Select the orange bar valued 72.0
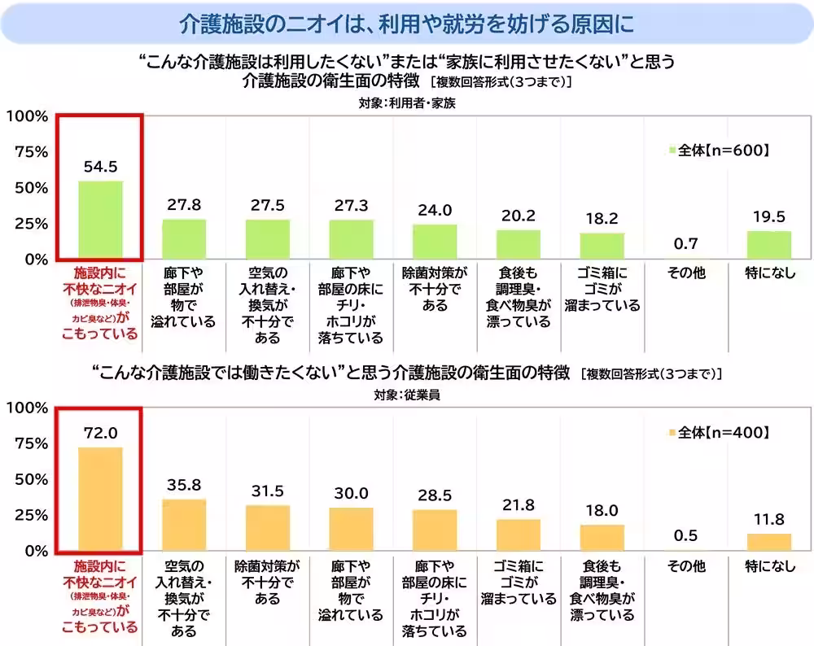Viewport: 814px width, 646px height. click(100, 499)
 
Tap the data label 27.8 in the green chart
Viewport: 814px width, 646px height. click(184, 205)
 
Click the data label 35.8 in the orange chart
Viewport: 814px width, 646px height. click(184, 485)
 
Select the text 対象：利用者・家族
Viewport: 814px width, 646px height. click(407, 103)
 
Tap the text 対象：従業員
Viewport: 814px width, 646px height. click(407, 395)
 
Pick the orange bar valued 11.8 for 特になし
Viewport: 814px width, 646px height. click(769, 542)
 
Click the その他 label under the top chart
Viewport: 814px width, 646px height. click(685, 273)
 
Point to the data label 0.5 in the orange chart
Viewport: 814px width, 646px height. click(685, 535)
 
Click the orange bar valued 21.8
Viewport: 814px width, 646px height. click(519, 535)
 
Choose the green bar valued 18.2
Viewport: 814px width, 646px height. click(602, 246)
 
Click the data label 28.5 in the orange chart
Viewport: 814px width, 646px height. click(435, 495)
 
